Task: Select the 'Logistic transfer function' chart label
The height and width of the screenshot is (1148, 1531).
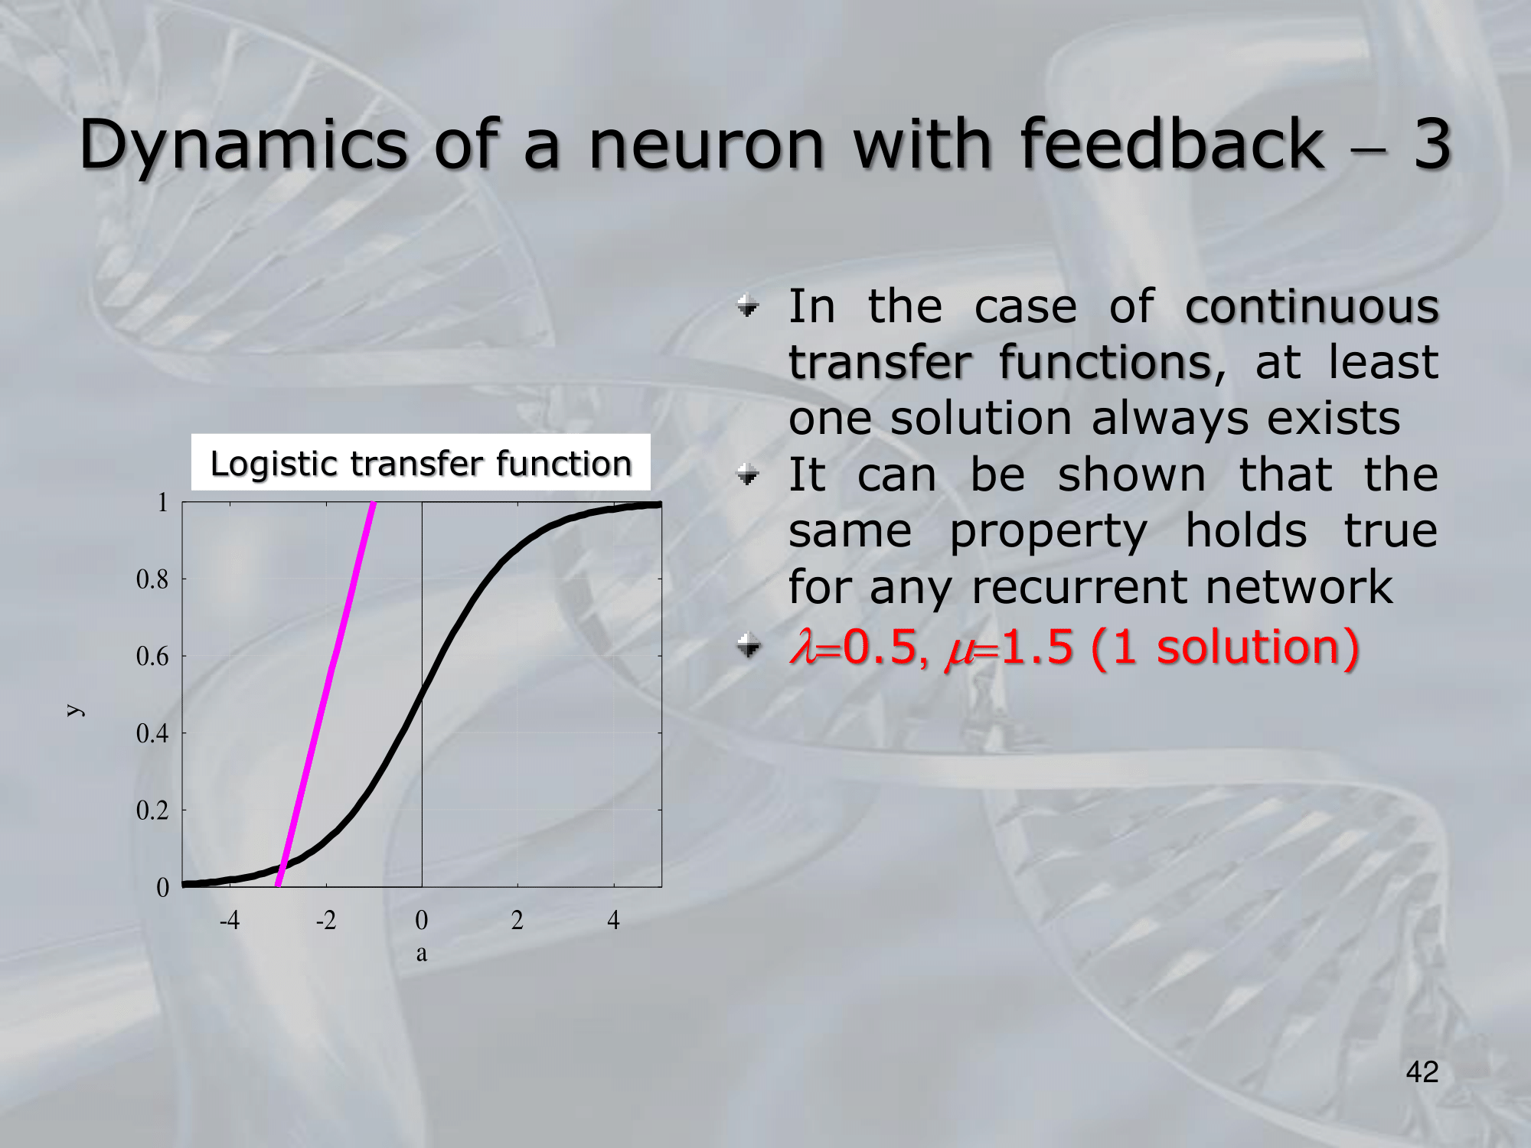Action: pos(420,463)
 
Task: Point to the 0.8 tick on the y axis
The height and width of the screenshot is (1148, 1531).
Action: pos(152,579)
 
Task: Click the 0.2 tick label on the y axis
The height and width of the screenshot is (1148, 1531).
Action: pos(152,810)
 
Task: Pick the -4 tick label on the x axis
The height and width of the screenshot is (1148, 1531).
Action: pos(230,919)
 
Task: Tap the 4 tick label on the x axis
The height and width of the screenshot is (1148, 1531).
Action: pos(613,919)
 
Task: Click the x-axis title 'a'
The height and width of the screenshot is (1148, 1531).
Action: pos(421,954)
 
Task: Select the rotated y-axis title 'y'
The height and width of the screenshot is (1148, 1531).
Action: pos(74,710)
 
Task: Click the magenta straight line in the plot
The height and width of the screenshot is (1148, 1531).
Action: pos(326,694)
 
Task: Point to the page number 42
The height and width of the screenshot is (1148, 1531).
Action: pos(1422,1071)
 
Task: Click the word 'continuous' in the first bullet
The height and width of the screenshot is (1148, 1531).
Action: pos(1312,306)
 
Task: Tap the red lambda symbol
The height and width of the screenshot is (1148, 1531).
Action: pos(803,647)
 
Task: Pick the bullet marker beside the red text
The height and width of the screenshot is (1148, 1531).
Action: pos(748,647)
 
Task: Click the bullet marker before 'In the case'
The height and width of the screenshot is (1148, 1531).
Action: pos(748,306)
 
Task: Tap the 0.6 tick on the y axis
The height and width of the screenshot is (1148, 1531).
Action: pos(152,656)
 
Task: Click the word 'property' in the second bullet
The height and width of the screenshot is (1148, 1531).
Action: pos(1048,532)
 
